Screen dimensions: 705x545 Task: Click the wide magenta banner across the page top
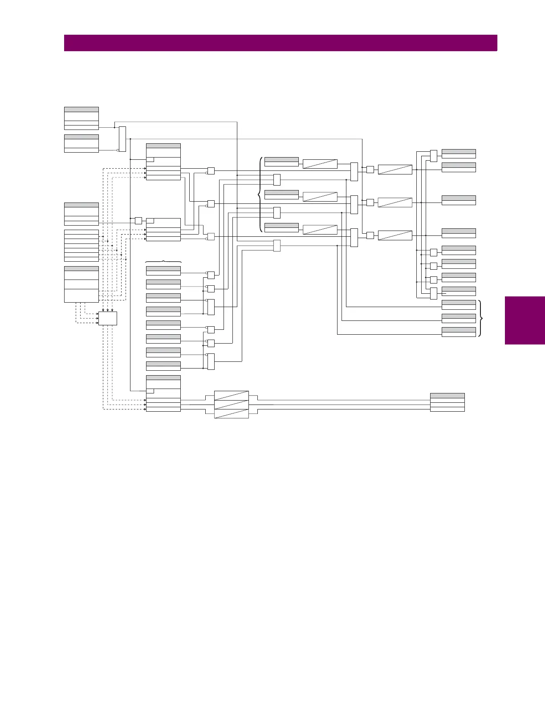tap(281, 43)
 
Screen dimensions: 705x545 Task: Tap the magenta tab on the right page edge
tap(525, 320)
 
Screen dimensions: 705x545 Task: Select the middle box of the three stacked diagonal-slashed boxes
tap(232, 405)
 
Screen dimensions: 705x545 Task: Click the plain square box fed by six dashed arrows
tap(107, 318)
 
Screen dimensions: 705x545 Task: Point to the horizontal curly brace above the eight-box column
tap(163, 261)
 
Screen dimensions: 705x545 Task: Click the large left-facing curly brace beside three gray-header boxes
tap(260, 194)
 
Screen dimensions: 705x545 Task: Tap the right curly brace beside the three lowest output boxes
tap(480, 318)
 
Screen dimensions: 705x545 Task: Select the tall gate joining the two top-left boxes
tap(122, 139)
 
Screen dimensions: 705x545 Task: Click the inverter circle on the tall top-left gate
tap(118, 150)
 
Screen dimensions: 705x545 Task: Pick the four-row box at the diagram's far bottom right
tap(447, 402)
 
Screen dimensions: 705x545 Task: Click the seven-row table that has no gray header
tap(81, 246)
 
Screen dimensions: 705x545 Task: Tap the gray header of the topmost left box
tap(81, 109)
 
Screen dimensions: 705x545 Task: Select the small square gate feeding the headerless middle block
tap(138, 220)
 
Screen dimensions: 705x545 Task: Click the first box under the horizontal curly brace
tap(163, 271)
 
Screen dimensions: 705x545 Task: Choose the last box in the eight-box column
tap(163, 366)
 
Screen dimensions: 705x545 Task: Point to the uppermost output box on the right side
tap(459, 154)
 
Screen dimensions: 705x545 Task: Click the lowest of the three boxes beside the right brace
tap(459, 332)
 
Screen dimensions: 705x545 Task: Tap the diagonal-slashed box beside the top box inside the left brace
tap(320, 163)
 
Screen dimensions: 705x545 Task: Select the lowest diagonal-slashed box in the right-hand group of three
tap(395, 235)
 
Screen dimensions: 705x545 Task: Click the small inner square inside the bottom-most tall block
tap(150, 391)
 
